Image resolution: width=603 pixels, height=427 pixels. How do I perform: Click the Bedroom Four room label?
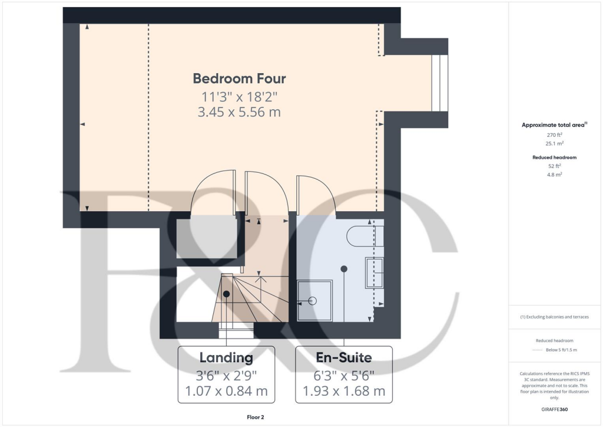point(240,78)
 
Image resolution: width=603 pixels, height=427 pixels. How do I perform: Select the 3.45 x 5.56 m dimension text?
point(240,111)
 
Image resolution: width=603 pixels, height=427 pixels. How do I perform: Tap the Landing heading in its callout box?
point(226,357)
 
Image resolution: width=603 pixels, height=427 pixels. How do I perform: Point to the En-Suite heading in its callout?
point(344,357)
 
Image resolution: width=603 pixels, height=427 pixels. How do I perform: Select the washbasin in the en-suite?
point(375,272)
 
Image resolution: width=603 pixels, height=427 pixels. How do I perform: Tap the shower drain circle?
point(313,301)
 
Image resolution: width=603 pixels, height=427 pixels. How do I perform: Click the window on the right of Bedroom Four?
point(439,83)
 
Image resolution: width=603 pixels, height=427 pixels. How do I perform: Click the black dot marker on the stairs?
point(226,294)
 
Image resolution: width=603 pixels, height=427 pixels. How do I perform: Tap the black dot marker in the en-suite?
point(344,269)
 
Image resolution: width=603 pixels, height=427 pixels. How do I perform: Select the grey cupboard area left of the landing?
point(207,237)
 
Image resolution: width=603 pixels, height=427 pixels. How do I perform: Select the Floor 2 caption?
point(256,418)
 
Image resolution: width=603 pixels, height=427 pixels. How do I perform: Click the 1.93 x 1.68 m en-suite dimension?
point(344,390)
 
